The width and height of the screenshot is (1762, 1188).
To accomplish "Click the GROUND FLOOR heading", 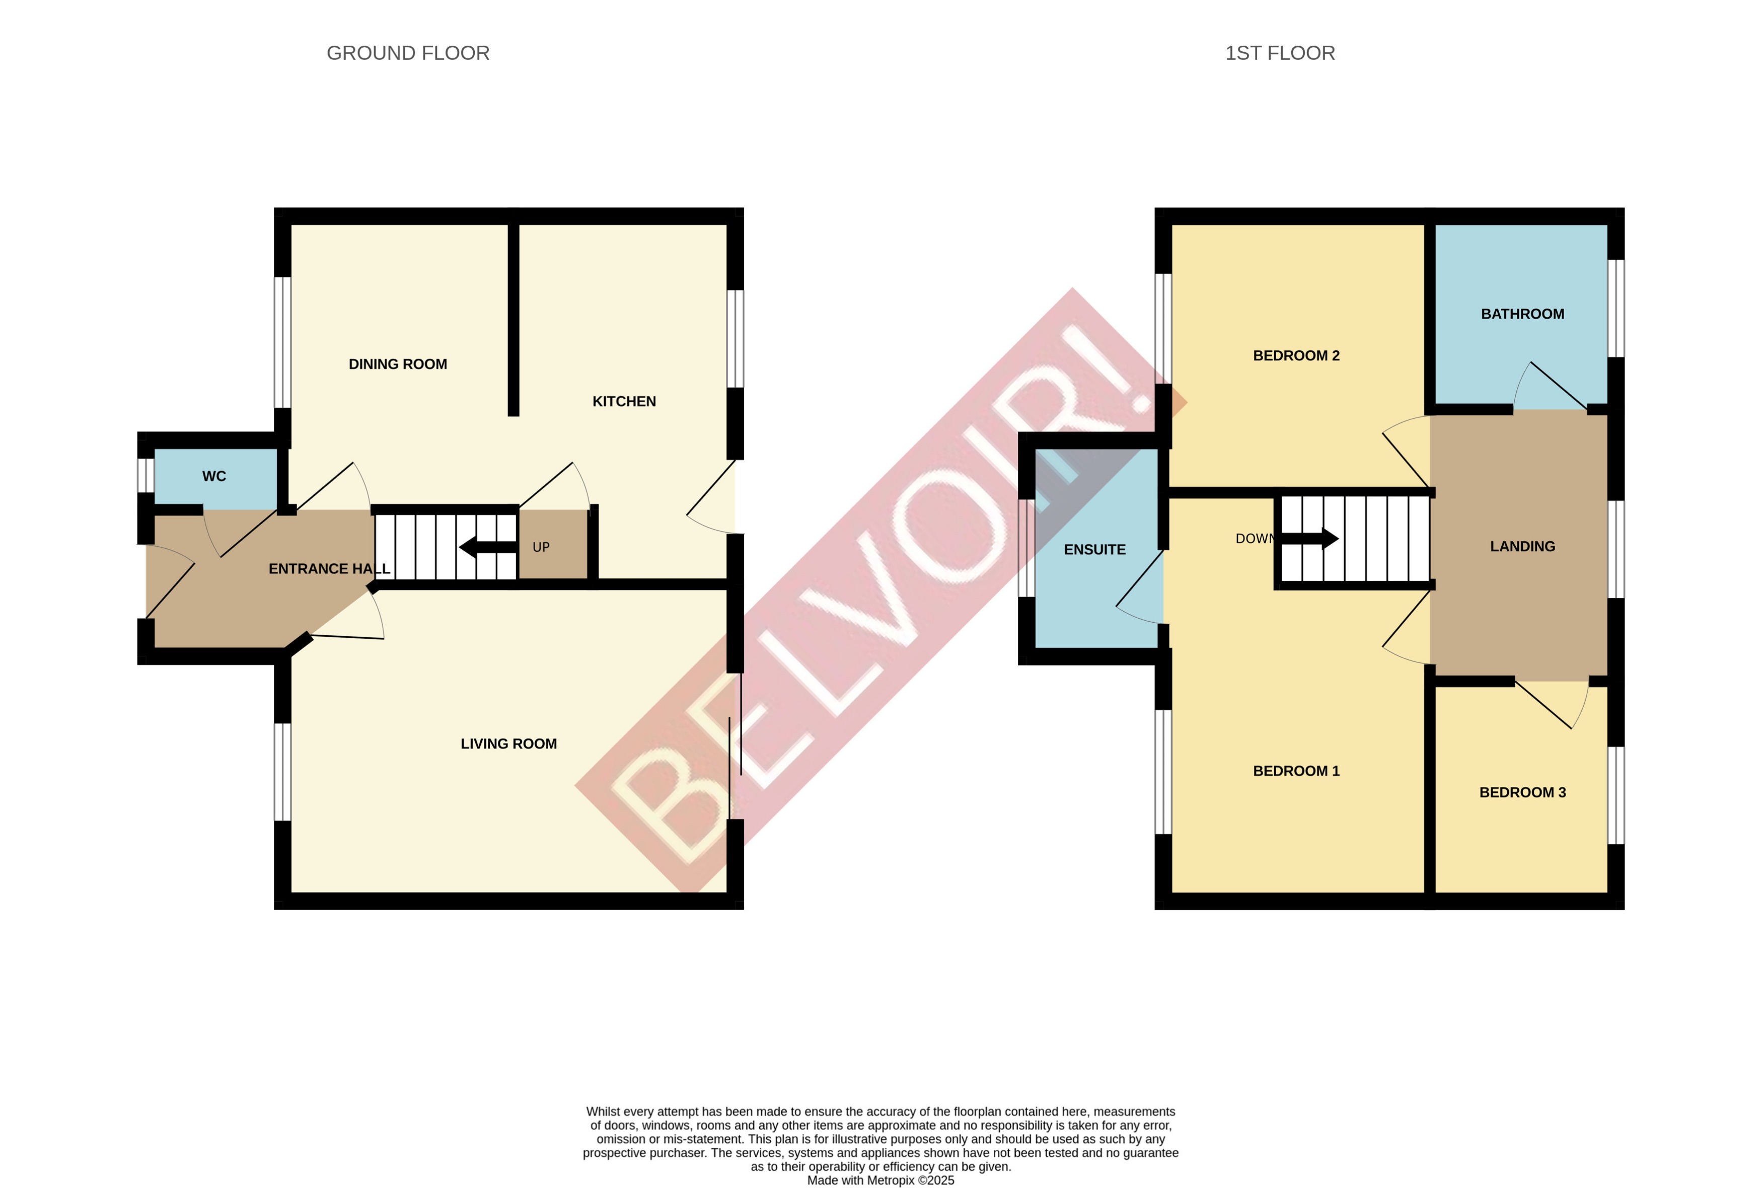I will (408, 53).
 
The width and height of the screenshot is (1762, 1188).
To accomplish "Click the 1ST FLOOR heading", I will (1279, 53).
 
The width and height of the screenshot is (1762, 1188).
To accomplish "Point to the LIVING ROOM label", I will (508, 744).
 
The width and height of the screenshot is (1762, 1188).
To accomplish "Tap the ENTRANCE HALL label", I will (329, 569).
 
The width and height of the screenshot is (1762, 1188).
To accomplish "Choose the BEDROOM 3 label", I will (1522, 792).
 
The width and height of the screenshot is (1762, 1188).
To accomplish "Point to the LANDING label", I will (1522, 546).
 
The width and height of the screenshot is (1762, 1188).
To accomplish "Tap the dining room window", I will (282, 342).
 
